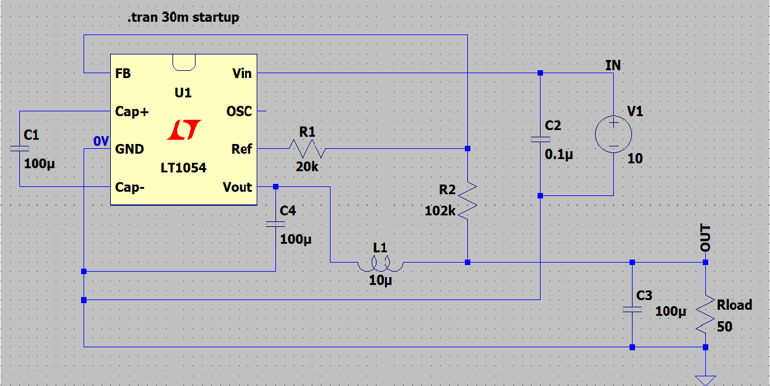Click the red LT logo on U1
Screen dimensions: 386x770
(183, 129)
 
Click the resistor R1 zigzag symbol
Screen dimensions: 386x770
(307, 148)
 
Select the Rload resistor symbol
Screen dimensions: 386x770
(705, 315)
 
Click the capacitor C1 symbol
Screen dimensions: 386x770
(19, 148)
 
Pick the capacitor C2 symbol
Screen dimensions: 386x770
(539, 140)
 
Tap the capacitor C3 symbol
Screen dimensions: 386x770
(632, 309)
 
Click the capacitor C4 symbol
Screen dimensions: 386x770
(275, 224)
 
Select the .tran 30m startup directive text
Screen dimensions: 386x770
(183, 18)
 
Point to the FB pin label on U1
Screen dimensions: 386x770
(122, 74)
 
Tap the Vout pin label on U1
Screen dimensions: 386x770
(237, 187)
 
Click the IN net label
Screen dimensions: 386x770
(613, 65)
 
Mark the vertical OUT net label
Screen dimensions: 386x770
(706, 238)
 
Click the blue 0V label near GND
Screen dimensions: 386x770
(100, 142)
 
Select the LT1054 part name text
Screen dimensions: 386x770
(183, 168)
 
